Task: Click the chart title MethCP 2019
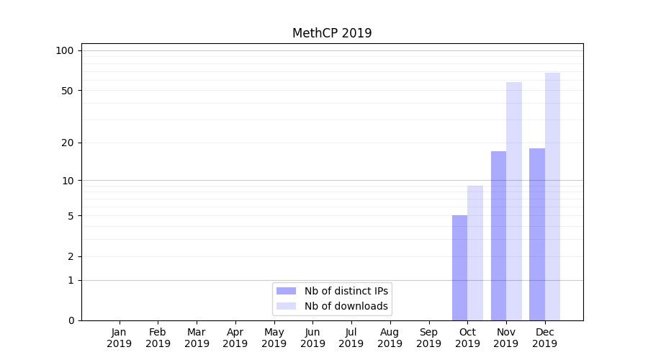pyautogui.click(x=332, y=33)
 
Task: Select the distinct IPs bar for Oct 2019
pyautogui.click(x=459, y=268)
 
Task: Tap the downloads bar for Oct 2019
pyautogui.click(x=475, y=253)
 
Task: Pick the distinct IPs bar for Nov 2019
pyautogui.click(x=498, y=235)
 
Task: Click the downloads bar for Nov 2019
pyautogui.click(x=514, y=201)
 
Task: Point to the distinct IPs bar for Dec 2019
pyautogui.click(x=537, y=234)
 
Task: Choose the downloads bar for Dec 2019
pyautogui.click(x=552, y=197)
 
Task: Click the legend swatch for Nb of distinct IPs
pyautogui.click(x=286, y=291)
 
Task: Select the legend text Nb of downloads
pyautogui.click(x=346, y=306)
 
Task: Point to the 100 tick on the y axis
pyautogui.click(x=65, y=50)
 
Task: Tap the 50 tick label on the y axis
pyautogui.click(x=68, y=91)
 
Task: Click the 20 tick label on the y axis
pyautogui.click(x=68, y=143)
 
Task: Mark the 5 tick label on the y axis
pyautogui.click(x=71, y=216)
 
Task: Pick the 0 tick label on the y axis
pyautogui.click(x=71, y=320)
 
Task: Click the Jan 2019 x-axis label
pyautogui.click(x=120, y=338)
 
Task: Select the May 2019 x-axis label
pyautogui.click(x=274, y=338)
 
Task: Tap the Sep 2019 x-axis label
pyautogui.click(x=428, y=338)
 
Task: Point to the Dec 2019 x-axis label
pyautogui.click(x=544, y=338)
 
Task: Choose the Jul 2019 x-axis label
pyautogui.click(x=351, y=338)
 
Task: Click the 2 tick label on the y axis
pyautogui.click(x=71, y=256)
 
